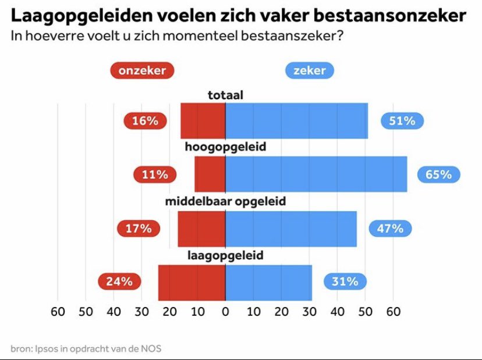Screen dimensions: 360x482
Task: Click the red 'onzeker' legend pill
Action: point(142,71)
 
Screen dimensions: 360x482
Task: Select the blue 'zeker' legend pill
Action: point(309,71)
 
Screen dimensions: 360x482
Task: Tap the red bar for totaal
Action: point(203,121)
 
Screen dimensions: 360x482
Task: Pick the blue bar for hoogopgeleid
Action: point(316,174)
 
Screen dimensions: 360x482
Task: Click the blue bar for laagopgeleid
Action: point(268,282)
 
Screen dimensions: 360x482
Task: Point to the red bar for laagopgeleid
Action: point(192,282)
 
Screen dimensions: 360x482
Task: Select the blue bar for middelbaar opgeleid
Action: point(290,229)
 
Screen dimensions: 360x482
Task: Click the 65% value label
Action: point(438,174)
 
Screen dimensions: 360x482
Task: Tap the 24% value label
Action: point(119,282)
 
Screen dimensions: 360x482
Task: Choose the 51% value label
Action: point(402,121)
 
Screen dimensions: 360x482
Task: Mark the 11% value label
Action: point(155,174)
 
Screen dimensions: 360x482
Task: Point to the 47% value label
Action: point(390,229)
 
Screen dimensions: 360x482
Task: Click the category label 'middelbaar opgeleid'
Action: point(225,202)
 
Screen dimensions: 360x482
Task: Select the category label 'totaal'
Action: point(225,95)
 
